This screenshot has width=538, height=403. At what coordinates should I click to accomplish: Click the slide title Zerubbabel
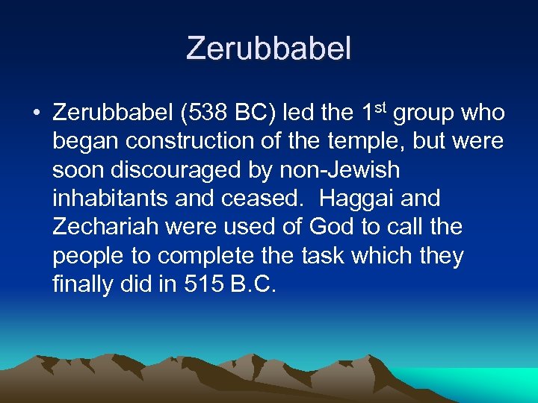click(x=268, y=49)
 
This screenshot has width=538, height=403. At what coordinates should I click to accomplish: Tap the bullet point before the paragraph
click(x=36, y=114)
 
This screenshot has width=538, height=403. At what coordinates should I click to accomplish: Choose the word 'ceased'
click(x=265, y=199)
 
